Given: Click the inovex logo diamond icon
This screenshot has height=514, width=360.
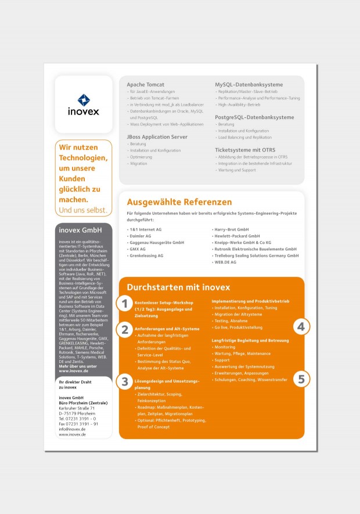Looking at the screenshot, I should click(x=84, y=100).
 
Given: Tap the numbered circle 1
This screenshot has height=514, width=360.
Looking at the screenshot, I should click(x=124, y=303).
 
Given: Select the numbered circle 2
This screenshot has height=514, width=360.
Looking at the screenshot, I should click(x=124, y=330).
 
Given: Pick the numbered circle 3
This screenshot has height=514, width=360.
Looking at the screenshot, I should click(x=124, y=382).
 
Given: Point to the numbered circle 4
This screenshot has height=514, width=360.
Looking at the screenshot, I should click(x=300, y=327).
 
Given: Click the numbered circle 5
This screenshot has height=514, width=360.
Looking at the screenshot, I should click(x=300, y=379).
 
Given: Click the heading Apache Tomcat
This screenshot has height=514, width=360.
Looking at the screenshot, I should click(x=145, y=85).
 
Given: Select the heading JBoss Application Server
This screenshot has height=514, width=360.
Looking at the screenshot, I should click(x=157, y=136).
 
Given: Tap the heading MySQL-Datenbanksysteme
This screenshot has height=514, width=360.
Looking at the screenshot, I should click(x=249, y=85).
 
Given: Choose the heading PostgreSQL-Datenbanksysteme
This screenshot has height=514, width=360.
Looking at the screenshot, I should click(x=254, y=117).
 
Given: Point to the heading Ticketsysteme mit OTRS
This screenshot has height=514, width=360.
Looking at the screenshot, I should click(x=245, y=150).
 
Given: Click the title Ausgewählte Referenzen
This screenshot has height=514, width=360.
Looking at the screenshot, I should click(x=179, y=202).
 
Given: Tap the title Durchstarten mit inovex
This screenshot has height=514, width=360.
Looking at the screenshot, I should click(x=178, y=287).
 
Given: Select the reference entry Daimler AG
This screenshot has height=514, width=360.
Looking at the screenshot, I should click(x=139, y=236).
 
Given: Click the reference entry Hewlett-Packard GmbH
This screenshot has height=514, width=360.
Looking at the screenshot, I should click(x=237, y=236).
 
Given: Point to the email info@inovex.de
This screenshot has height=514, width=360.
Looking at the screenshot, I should click(x=73, y=429).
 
